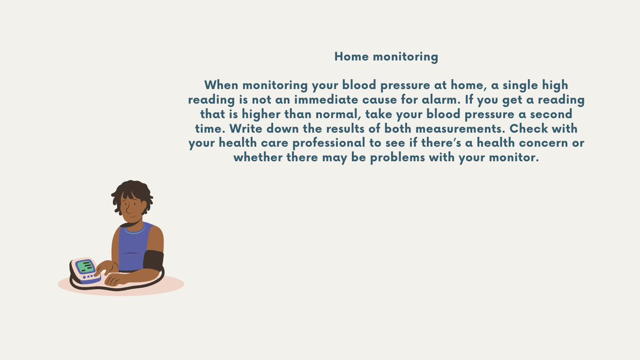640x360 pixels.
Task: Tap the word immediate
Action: point(326,99)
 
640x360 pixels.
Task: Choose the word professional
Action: point(329,143)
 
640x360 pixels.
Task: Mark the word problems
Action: point(397,158)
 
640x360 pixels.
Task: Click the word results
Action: point(345,128)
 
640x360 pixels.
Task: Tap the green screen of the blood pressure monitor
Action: point(85,267)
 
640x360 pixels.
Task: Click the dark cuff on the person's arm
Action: point(153,260)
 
